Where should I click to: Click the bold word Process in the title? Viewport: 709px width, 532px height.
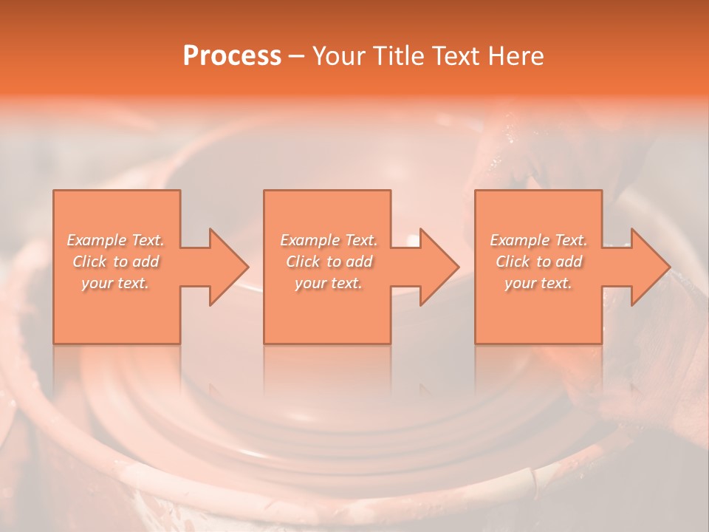pyautogui.click(x=232, y=56)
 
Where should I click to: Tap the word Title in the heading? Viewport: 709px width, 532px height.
pyautogui.click(x=397, y=56)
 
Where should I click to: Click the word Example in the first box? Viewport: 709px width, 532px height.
pyautogui.click(x=96, y=240)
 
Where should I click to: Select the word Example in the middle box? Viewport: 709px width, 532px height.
pyautogui.click(x=309, y=240)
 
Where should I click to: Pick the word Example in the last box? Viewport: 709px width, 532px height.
pyautogui.click(x=518, y=240)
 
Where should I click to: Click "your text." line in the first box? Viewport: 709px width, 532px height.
pyautogui.click(x=115, y=283)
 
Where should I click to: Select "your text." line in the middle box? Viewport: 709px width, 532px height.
pyautogui.click(x=328, y=283)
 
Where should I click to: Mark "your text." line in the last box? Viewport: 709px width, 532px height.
pyautogui.click(x=538, y=283)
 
